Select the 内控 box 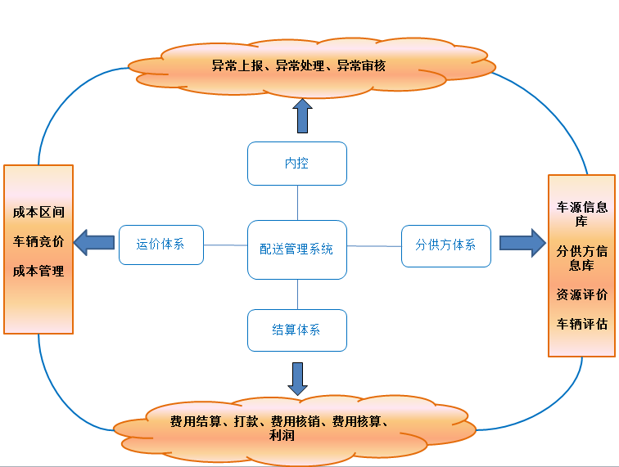click(296, 164)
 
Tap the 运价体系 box click(160, 244)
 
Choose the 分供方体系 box click(445, 245)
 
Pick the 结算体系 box click(296, 330)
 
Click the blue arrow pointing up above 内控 click(302, 115)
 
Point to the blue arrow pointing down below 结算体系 click(297, 378)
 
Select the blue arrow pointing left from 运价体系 click(93, 242)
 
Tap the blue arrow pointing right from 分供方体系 click(522, 243)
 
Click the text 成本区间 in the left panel click(38, 212)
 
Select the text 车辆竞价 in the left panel click(38, 241)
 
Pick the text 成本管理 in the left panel click(38, 271)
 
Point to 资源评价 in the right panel click(582, 294)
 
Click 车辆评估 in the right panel click(582, 324)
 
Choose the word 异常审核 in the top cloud click(361, 65)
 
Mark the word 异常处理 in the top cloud click(300, 65)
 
